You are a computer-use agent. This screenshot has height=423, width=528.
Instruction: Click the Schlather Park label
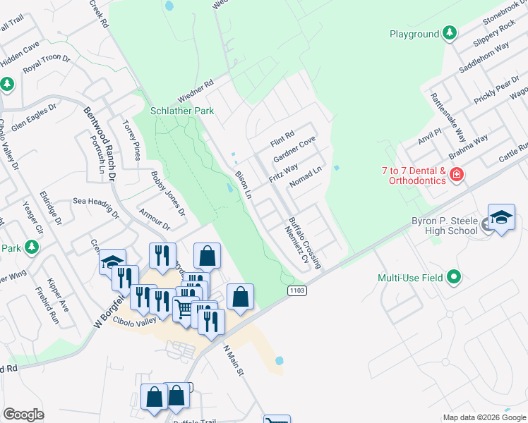click(x=181, y=111)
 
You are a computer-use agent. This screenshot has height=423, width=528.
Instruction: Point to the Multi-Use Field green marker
click(x=455, y=278)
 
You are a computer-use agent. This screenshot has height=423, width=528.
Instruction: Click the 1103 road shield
click(x=296, y=290)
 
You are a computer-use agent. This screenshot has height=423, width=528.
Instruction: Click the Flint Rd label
click(x=282, y=137)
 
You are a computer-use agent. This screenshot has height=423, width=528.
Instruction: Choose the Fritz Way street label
click(x=283, y=173)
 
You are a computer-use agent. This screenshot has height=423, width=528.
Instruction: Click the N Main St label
click(x=234, y=360)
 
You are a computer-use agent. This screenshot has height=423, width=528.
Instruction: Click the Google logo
click(x=23, y=415)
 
